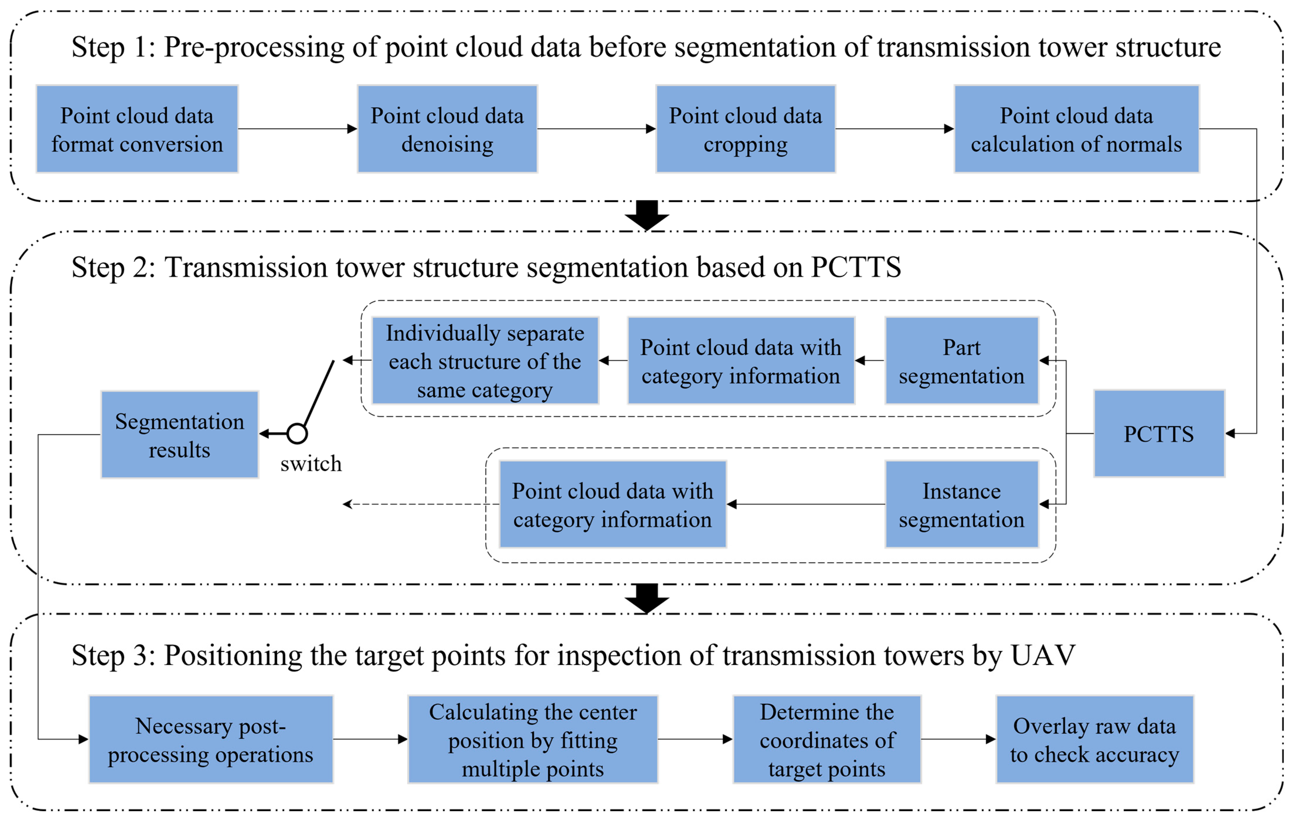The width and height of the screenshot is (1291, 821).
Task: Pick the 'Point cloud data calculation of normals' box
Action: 1076,129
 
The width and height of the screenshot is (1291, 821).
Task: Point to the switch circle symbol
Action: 297,433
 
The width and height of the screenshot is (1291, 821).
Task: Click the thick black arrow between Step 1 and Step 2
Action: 647,215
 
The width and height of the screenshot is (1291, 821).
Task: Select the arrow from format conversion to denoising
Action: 298,129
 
